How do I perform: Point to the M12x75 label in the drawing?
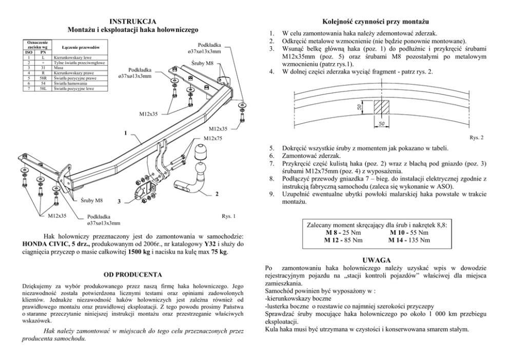click(212, 139)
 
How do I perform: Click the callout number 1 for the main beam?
click(125, 135)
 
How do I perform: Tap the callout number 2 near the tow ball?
click(217, 194)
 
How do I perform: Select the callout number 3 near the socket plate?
click(119, 201)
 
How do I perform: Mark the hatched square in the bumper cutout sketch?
click(381, 108)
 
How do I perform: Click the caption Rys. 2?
click(476, 137)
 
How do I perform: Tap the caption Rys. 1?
click(228, 216)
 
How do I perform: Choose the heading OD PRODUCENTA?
click(133, 275)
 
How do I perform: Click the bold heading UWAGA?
click(377, 260)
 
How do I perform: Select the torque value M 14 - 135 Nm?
click(408, 239)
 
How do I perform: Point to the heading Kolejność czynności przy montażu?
click(375, 22)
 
